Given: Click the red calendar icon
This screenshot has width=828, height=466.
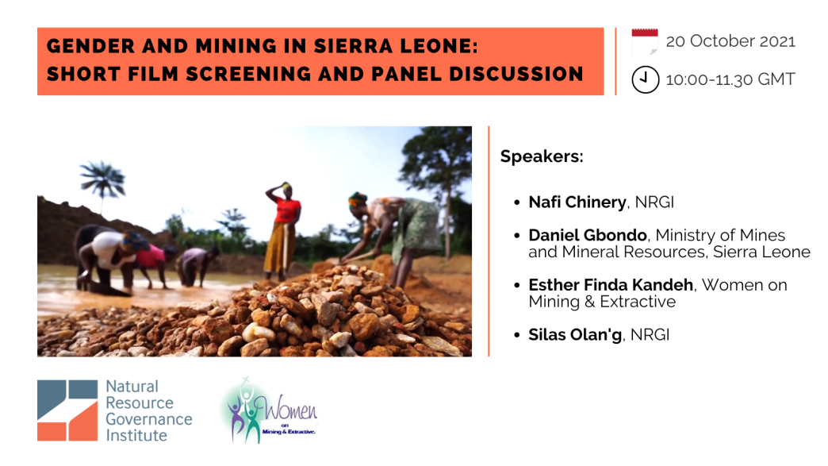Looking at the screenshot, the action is (x=645, y=41).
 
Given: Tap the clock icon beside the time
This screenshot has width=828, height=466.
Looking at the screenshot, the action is (x=646, y=79).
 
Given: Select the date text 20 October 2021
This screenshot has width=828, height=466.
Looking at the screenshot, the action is (x=730, y=41).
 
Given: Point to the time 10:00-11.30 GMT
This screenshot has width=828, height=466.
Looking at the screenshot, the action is (x=730, y=79).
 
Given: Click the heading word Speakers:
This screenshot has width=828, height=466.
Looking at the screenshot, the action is (x=542, y=156).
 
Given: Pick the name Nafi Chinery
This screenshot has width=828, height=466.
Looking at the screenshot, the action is (x=577, y=202).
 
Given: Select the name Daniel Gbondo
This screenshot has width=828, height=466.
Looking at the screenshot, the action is (x=588, y=234).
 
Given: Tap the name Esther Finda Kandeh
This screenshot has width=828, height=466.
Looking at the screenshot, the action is (x=611, y=285).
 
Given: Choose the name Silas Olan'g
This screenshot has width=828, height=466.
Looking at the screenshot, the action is (x=575, y=334).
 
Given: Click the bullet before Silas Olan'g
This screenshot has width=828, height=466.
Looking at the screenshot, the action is (x=517, y=336).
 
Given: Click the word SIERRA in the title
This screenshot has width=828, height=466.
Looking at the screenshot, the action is (x=353, y=46).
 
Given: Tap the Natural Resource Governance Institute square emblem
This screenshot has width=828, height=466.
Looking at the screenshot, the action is (x=67, y=410).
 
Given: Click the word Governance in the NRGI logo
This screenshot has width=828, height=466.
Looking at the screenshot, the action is (x=149, y=419).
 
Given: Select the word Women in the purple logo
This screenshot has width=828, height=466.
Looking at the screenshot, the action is (x=290, y=408).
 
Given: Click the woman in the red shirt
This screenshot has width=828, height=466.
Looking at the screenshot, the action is (x=283, y=232).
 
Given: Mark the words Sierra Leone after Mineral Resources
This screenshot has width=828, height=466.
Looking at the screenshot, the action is (x=761, y=252).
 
